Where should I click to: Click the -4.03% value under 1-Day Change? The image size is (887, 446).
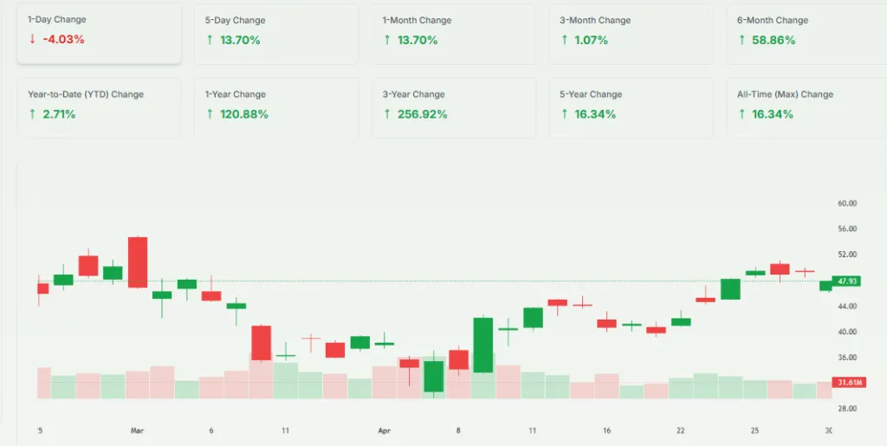[63, 40]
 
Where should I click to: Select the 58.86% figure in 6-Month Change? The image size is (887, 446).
[772, 40]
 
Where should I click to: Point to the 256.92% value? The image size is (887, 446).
[421, 114]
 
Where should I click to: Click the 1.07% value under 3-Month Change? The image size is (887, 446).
[591, 40]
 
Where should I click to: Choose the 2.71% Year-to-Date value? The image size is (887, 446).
[59, 114]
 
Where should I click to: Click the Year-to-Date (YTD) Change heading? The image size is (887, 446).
[86, 94]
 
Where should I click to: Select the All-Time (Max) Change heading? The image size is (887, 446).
[785, 94]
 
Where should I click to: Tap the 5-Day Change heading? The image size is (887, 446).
[236, 20]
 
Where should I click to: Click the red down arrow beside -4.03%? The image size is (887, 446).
[32, 40]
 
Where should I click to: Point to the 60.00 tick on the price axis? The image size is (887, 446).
[846, 204]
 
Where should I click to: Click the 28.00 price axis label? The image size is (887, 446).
[846, 408]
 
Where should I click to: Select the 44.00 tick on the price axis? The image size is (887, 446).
[846, 307]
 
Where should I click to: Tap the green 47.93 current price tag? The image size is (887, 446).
[847, 281]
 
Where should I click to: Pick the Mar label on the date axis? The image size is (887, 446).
[136, 430]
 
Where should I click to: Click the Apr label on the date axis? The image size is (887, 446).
[385, 430]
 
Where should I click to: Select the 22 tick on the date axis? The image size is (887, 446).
[681, 430]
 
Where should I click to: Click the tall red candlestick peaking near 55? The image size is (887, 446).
[138, 262]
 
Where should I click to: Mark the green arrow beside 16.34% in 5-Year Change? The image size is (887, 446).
[565, 114]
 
